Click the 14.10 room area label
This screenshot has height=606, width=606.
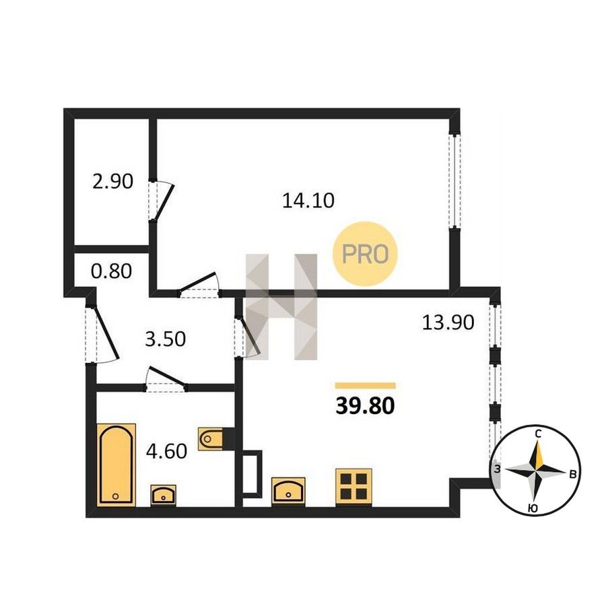click(308, 201)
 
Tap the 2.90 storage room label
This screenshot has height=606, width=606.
click(112, 181)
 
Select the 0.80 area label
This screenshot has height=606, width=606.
click(111, 271)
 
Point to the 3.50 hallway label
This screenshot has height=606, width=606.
click(165, 339)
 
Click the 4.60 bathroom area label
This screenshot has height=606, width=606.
click(166, 451)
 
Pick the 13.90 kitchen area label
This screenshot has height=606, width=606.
click(448, 323)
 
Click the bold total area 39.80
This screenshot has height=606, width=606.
click(365, 406)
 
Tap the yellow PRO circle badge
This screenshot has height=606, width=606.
click(365, 254)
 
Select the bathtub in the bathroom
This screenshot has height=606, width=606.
click(116, 465)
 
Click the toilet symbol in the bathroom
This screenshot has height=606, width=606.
click(211, 438)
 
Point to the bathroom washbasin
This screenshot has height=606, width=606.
click(163, 495)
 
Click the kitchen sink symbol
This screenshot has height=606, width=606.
click(288, 492)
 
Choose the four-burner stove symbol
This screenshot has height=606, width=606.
click(353, 487)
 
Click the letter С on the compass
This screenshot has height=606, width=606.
click(537, 434)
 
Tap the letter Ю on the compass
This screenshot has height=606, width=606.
click(533, 509)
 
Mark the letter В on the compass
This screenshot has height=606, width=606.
click(573, 474)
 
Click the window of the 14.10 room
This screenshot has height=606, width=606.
click(455, 181)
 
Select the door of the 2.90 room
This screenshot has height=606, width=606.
click(163, 203)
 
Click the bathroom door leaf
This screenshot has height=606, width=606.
click(166, 376)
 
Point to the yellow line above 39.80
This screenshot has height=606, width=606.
click(365, 385)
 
